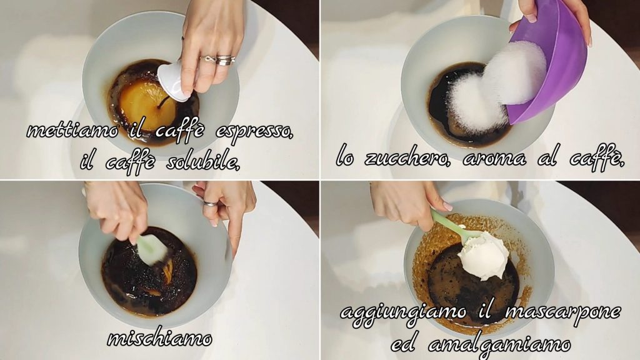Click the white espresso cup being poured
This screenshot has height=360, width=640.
[x=174, y=82]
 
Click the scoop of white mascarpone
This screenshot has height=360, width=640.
[x=484, y=255]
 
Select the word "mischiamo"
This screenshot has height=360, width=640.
[x=159, y=338]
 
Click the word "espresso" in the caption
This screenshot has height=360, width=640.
[x=254, y=132]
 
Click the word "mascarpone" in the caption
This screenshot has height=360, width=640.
[x=563, y=312]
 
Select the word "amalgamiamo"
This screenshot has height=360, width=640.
[x=499, y=345]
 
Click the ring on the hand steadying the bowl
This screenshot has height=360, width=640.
[x=211, y=203]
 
